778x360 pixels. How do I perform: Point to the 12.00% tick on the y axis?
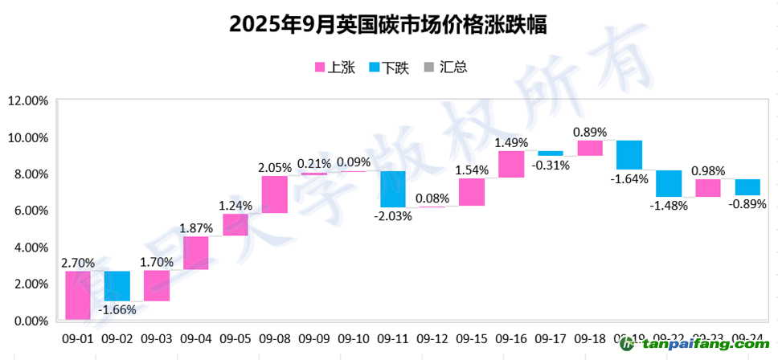pos(27,101)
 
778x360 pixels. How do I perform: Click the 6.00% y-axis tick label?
pos(29,211)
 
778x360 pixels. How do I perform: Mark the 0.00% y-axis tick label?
pos(29,321)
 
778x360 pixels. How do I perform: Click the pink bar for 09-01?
pos(78,295)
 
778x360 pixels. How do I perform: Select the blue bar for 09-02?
pos(117,286)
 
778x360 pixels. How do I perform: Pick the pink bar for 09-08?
pos(275,194)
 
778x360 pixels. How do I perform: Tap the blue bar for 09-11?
pos(393,189)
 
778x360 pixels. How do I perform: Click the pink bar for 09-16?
pos(511,164)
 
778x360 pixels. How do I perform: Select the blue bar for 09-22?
pos(669,183)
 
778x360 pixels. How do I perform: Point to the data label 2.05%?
pos(275,167)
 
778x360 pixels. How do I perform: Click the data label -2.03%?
pos(394,215)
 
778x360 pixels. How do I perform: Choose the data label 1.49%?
pos(511,143)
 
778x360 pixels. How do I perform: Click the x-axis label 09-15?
pos(472,339)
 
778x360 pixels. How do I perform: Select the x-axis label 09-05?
pos(235,339)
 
